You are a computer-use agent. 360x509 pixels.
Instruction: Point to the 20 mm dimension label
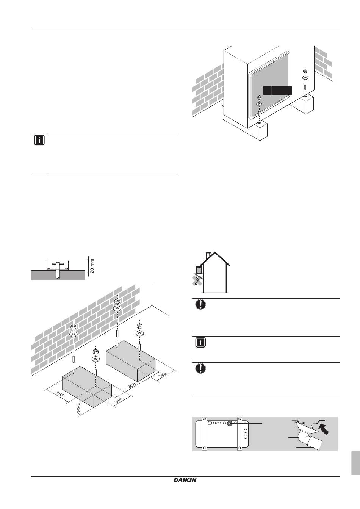pos(92,266)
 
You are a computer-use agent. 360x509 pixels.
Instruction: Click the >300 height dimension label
pos(79,410)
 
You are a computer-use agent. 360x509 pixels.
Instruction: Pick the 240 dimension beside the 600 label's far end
pos(162,375)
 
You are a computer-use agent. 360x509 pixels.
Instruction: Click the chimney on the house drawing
pos(208,256)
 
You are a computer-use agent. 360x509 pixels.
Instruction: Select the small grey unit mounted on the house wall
pos(199,270)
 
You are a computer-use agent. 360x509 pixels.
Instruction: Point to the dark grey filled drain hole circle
pos(229,423)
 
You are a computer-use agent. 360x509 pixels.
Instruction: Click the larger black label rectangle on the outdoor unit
pos(282,91)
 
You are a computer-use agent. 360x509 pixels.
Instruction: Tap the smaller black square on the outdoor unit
pos(267,91)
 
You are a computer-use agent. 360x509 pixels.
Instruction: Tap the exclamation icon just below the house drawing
pos(200,304)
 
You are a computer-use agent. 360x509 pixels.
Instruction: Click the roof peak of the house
pos(215,252)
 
